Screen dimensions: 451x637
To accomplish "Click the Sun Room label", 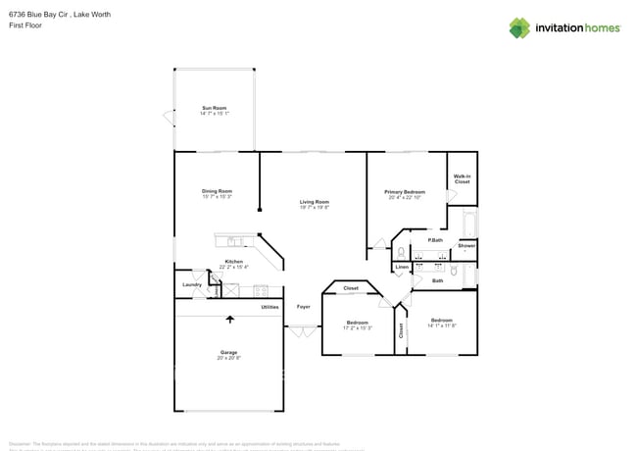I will [215, 108].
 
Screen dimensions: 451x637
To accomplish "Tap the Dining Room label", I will [217, 191].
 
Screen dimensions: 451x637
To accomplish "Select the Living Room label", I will [315, 202].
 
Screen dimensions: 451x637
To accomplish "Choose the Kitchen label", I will [233, 261].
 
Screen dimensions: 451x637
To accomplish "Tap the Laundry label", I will [192, 284].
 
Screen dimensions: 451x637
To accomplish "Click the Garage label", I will [228, 352].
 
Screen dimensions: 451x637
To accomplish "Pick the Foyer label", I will [304, 307].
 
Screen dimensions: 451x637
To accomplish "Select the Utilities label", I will [269, 307].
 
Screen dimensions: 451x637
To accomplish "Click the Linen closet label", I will [402, 267].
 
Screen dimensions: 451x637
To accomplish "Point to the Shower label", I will [466, 246].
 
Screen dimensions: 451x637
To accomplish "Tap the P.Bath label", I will [435, 240].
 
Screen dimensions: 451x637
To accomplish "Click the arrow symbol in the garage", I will [230, 318].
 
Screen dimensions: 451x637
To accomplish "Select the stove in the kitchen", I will [262, 290].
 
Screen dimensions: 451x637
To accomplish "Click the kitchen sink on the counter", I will [235, 241].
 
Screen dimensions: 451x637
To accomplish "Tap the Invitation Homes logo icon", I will [519, 27].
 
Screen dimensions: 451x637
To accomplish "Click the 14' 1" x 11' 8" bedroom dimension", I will [442, 326].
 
